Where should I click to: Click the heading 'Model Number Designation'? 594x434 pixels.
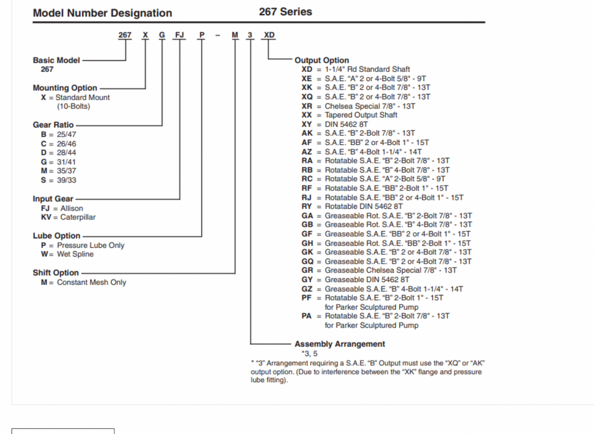coord(102,13)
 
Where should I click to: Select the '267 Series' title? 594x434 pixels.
coord(285,12)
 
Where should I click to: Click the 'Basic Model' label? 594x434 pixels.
coord(56,60)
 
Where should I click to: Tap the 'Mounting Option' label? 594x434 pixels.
coord(65,88)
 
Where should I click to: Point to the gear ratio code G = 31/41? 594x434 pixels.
coord(58,162)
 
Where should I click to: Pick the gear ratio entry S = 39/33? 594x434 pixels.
coord(58,180)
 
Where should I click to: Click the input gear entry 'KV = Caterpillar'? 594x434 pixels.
coord(68,217)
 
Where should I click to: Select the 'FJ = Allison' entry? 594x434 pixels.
coord(62,208)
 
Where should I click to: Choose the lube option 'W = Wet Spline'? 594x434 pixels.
coord(67,254)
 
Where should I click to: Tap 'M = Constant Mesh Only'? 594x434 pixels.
coord(83,282)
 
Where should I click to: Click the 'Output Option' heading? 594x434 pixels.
coord(321,61)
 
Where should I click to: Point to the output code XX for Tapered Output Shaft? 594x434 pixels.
coord(307,115)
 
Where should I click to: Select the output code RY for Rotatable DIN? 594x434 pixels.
coord(307,206)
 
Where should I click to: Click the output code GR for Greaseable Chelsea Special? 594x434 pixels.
coord(307,270)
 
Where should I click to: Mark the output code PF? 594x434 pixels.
coord(307,298)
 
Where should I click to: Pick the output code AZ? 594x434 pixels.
coord(307,152)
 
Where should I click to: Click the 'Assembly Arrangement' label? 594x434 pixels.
coord(340,344)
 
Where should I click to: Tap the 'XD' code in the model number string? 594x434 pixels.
coord(269,35)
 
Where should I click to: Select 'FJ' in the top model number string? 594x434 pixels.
coord(180,35)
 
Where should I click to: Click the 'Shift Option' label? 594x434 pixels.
coord(56,273)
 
